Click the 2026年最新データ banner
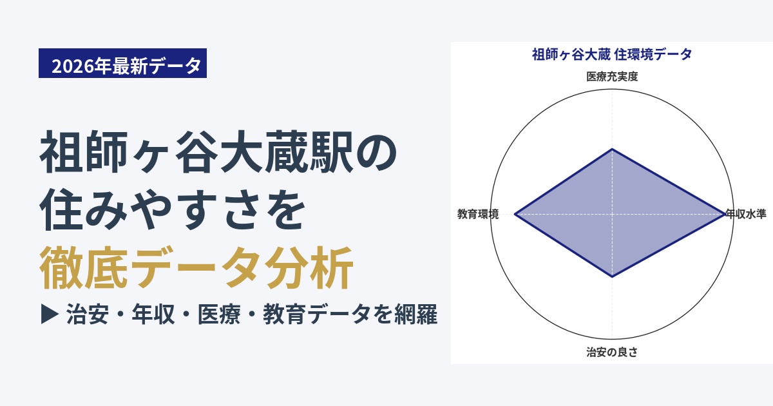click(122, 63)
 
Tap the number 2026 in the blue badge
click(73, 66)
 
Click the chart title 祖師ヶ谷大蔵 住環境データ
click(612, 55)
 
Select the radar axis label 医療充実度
click(612, 76)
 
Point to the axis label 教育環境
click(478, 214)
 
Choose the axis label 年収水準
click(745, 214)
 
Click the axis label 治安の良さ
click(612, 352)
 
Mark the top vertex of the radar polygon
click(612, 149)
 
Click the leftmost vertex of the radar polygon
click(515, 215)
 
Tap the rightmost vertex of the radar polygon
click(724, 215)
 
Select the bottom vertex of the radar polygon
click(612, 277)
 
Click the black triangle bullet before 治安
click(50, 314)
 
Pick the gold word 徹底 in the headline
click(83, 267)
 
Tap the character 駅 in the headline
click(331, 152)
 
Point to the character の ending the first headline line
click(376, 153)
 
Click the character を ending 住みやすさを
click(285, 210)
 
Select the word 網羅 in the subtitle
click(416, 314)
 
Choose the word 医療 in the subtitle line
click(219, 314)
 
